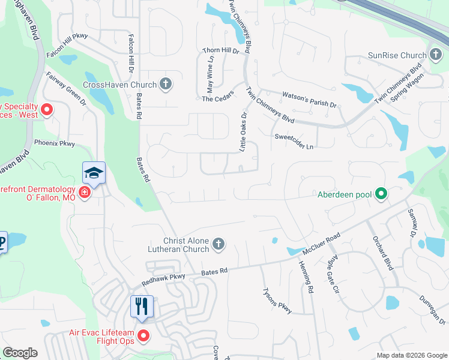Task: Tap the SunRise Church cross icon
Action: tap(435, 55)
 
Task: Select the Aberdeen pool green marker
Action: tap(381, 194)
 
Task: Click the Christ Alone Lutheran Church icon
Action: tap(218, 244)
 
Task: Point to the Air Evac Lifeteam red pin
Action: tap(143, 335)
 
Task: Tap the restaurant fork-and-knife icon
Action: tap(142, 307)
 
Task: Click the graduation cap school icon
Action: tap(94, 173)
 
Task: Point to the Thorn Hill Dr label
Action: tap(220, 51)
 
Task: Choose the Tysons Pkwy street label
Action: tap(277, 301)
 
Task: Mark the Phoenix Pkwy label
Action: tap(55, 143)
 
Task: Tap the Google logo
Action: tap(20, 353)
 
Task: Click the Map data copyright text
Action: tap(412, 355)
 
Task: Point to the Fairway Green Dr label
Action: tap(66, 90)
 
